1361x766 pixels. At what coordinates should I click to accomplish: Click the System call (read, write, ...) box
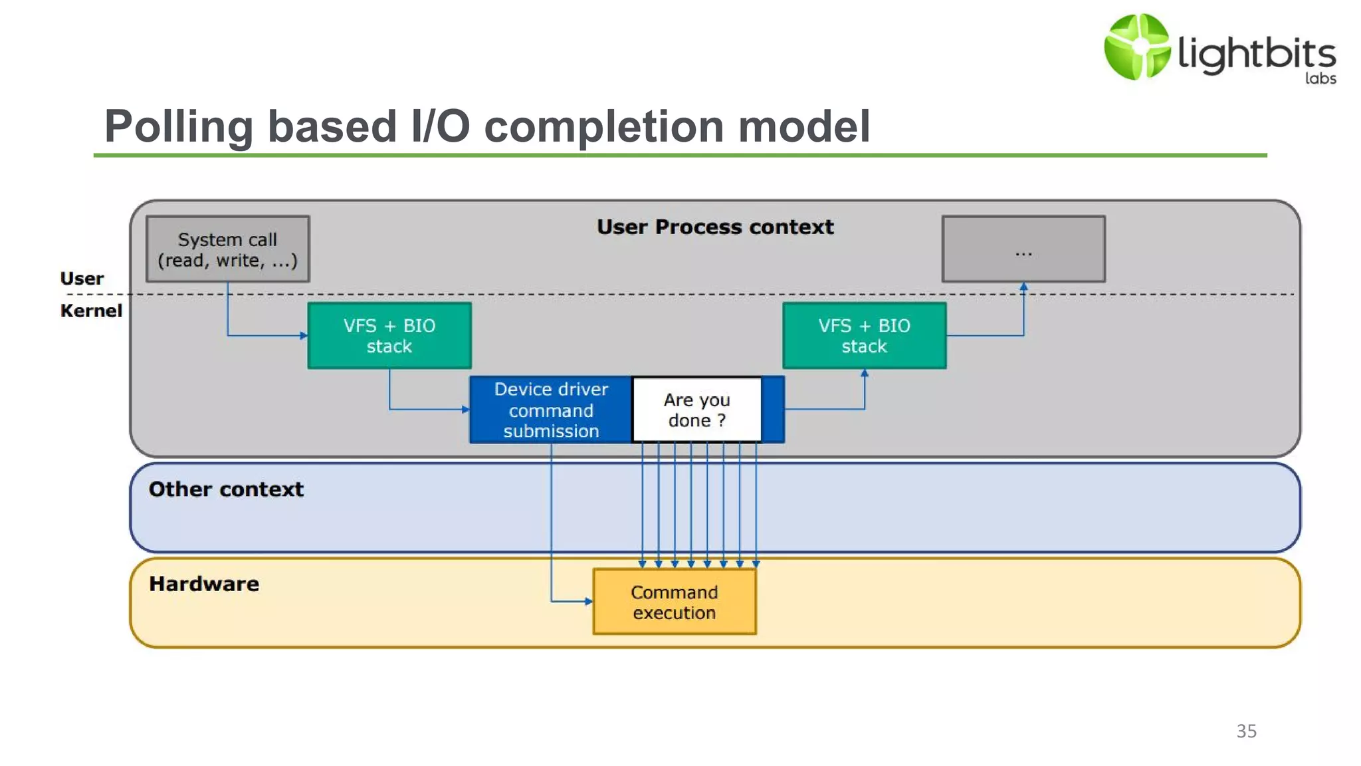[227, 249]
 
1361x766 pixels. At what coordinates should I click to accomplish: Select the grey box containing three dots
[1023, 249]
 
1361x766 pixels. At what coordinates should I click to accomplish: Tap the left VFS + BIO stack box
[389, 336]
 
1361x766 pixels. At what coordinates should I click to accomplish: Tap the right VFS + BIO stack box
[864, 336]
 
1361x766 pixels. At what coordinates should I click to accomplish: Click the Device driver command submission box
[551, 410]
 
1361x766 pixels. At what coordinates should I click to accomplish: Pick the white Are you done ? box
[696, 410]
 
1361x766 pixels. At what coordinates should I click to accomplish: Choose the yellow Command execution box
[674, 602]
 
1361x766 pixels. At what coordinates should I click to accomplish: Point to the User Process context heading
[714, 227]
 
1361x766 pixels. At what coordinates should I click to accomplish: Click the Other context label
[226, 489]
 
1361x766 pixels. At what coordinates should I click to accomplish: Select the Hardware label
[204, 584]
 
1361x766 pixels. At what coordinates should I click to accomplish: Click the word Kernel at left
[91, 311]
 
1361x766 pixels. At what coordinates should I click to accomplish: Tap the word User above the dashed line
[82, 279]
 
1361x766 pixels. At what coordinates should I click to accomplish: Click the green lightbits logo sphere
[1136, 47]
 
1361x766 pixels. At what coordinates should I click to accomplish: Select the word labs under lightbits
[1320, 78]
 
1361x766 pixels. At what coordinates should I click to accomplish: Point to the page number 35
[1246, 731]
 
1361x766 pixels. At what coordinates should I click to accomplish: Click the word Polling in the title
[178, 126]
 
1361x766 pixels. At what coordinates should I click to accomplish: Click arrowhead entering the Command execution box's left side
[589, 601]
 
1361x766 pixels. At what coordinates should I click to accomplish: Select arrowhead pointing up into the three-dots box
[1023, 287]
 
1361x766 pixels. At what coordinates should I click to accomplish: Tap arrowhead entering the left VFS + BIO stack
[304, 335]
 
